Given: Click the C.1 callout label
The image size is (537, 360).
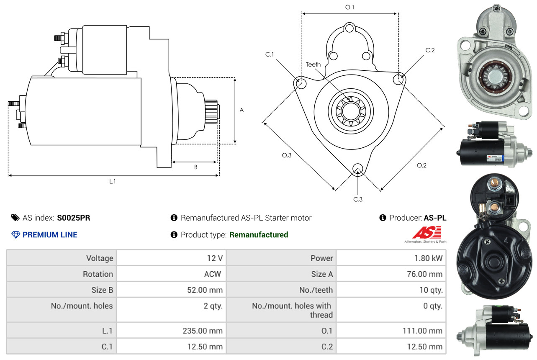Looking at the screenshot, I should pyautogui.click(x=269, y=54).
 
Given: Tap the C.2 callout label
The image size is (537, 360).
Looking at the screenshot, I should pyautogui.click(x=430, y=50).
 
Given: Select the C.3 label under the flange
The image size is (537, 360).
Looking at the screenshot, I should pyautogui.click(x=357, y=199).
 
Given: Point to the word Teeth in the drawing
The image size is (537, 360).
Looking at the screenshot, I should pyautogui.click(x=313, y=64).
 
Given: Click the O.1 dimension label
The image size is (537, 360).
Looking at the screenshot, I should pyautogui.click(x=349, y=7).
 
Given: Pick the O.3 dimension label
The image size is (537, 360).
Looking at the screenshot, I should pyautogui.click(x=286, y=155).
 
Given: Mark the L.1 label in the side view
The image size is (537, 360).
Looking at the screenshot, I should pyautogui.click(x=113, y=181).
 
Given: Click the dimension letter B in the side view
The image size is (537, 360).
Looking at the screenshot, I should pyautogui.click(x=195, y=167).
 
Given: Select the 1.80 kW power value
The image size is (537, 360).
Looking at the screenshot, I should pyautogui.click(x=428, y=258).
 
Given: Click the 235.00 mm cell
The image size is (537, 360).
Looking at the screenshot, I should pyautogui.click(x=202, y=331).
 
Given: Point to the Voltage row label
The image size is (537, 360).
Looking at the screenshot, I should pyautogui.click(x=100, y=258).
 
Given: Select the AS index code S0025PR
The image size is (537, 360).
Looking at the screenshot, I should pyautogui.click(x=74, y=218).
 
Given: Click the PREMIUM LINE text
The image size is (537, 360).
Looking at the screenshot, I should pyautogui.click(x=50, y=235).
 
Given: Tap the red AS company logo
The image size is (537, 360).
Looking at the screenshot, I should pyautogui.click(x=426, y=232).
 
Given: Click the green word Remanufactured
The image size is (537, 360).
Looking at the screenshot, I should pyautogui.click(x=259, y=235).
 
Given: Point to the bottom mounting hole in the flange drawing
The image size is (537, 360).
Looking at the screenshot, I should pyautogui.click(x=357, y=169).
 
